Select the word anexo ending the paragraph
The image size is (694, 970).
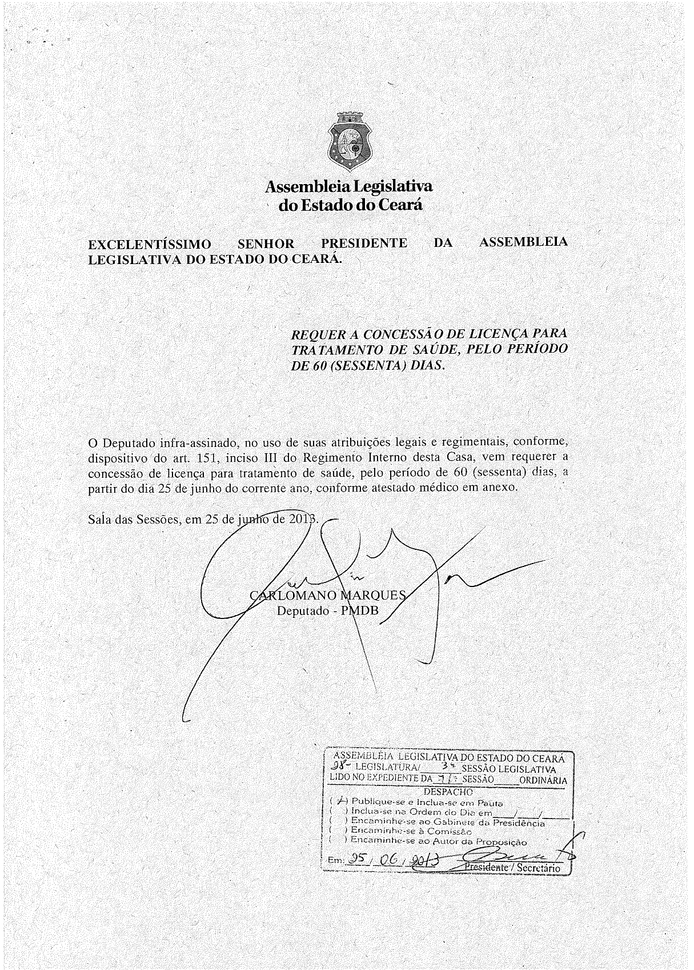tap(500, 488)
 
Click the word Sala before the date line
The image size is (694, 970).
tap(99, 520)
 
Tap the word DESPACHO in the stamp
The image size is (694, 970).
tap(448, 792)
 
